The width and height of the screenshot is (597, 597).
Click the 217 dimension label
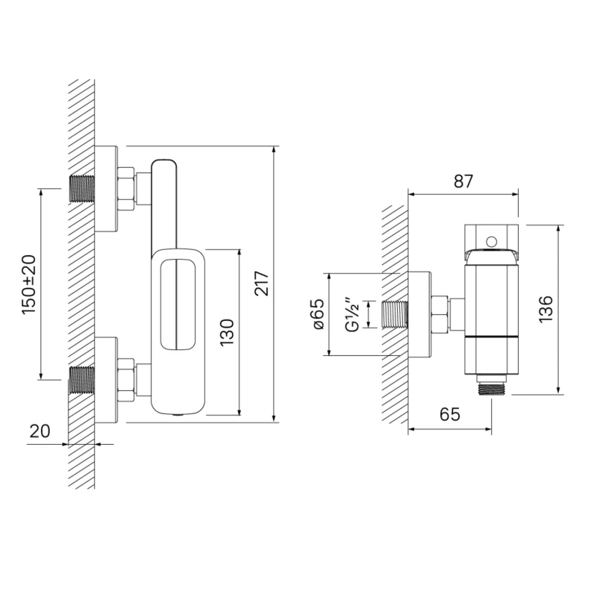click(262, 284)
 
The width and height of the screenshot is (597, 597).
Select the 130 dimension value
click(227, 332)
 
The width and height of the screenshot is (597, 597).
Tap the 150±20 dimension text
click(29, 284)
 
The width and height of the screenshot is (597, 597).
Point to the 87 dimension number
click(463, 181)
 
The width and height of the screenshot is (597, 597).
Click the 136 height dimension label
click(546, 309)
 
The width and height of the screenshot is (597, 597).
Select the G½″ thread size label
click(352, 314)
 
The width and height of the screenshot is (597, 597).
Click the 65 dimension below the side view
click(450, 414)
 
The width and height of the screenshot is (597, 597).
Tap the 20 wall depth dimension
click(40, 431)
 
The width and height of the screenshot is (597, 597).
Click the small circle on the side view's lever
click(492, 241)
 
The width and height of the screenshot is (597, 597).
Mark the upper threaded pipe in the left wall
click(81, 189)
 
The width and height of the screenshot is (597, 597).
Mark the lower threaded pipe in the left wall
click(81, 380)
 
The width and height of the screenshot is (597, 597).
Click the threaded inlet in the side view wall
click(395, 314)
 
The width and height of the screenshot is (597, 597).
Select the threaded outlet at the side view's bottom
click(492, 387)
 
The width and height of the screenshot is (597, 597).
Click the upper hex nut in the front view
click(126, 189)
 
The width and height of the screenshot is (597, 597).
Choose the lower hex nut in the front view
click(126, 380)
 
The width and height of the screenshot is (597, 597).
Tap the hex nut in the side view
click(440, 314)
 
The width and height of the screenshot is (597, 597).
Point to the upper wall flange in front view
click(106, 189)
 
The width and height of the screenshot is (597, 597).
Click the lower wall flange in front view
click(106, 380)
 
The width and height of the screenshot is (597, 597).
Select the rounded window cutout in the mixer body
click(178, 305)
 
